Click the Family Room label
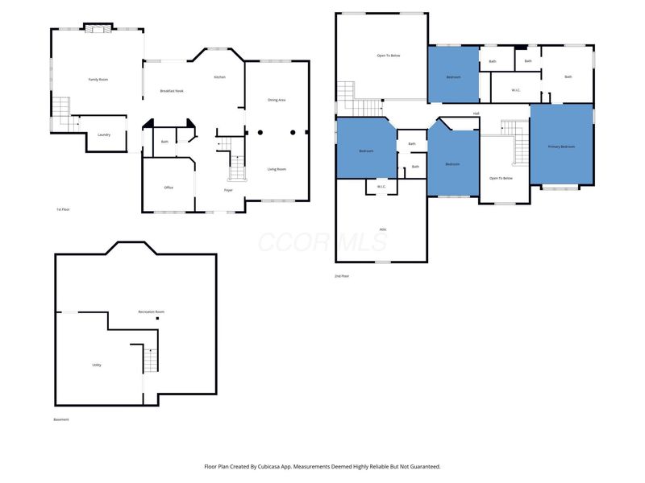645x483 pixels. (98, 79)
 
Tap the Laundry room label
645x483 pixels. (104, 134)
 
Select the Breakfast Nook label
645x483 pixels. (172, 91)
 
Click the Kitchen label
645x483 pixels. (219, 76)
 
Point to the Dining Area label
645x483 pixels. (277, 100)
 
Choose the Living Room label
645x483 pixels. (277, 169)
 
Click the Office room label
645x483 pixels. (169, 188)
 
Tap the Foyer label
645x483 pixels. (229, 190)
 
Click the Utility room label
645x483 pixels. (97, 365)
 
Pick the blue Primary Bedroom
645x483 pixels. (561, 147)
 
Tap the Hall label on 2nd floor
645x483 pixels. (476, 114)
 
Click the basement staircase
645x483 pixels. (150, 359)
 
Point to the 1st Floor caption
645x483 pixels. (63, 209)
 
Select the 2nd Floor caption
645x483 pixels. (342, 276)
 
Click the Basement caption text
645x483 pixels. (61, 419)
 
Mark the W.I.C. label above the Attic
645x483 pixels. (381, 187)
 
